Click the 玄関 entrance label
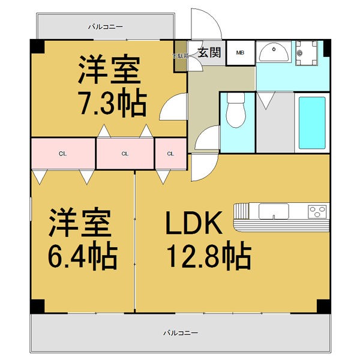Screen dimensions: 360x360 coord(209,52)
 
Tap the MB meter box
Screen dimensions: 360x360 coord(241,53)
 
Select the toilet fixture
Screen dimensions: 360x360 coord(236,110)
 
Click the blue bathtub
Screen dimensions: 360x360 coord(312,123)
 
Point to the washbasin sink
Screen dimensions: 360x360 coord(274,52)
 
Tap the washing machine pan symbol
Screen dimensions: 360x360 coord(306,53)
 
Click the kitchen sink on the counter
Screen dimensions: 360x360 coord(274,211)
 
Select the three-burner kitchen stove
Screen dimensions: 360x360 coord(318,211)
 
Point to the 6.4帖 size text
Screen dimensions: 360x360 coord(83,255)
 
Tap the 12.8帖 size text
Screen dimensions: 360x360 coord(209,256)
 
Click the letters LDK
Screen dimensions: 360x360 coord(194,223)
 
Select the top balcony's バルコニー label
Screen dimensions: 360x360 coord(106,27)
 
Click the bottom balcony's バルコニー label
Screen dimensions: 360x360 coord(181,332)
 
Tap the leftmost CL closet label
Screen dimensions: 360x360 coord(62,154)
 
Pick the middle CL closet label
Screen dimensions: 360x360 coord(125,154)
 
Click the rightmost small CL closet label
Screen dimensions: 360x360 coord(170,154)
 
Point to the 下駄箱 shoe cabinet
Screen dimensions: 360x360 coord(181,56)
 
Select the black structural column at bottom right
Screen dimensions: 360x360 coord(324,306)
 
